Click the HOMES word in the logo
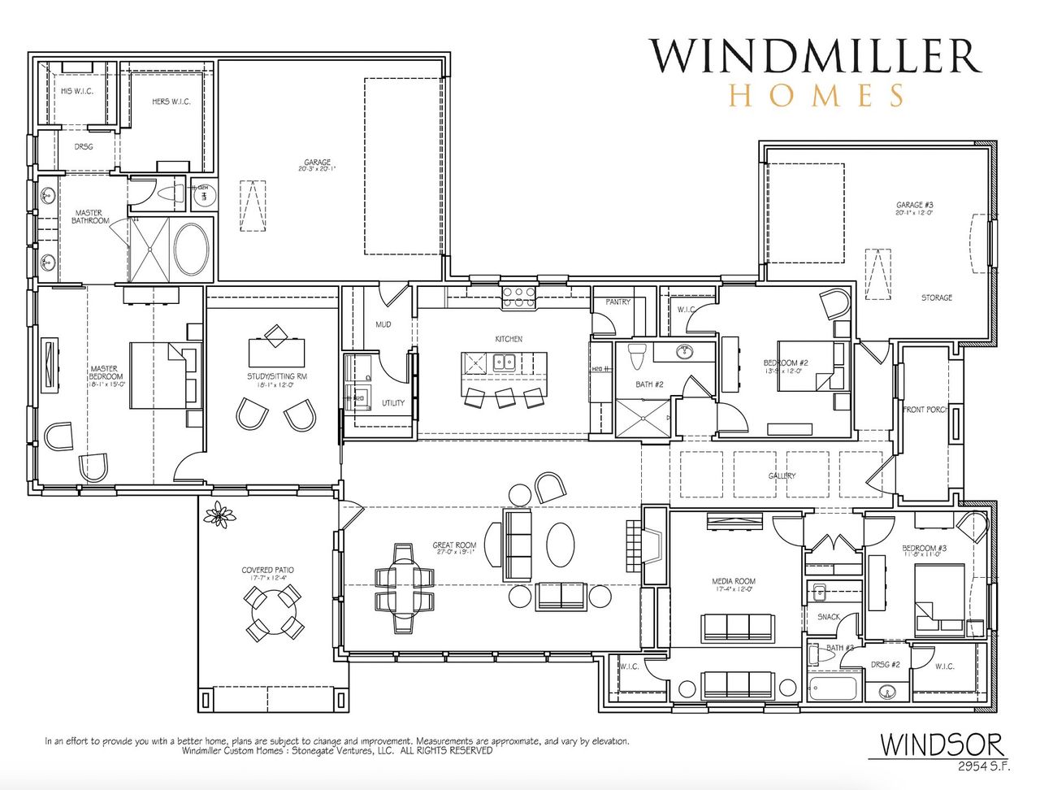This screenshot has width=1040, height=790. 816,95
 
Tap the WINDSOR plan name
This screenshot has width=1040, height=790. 942,744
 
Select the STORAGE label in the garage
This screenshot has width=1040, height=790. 936,298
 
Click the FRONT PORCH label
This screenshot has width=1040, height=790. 925,410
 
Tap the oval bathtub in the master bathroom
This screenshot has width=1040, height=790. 191,249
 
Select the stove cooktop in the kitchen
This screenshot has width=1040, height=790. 518,297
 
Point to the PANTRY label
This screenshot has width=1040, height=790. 617,302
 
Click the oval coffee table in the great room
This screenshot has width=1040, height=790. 560,544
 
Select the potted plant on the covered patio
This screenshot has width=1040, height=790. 219,514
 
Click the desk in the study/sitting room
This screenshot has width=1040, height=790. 276,352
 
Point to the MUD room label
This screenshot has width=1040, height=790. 383,324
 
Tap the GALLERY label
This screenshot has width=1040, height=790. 782,475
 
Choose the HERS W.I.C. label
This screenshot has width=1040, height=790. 171,102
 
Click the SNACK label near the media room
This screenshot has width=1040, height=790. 828,617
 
